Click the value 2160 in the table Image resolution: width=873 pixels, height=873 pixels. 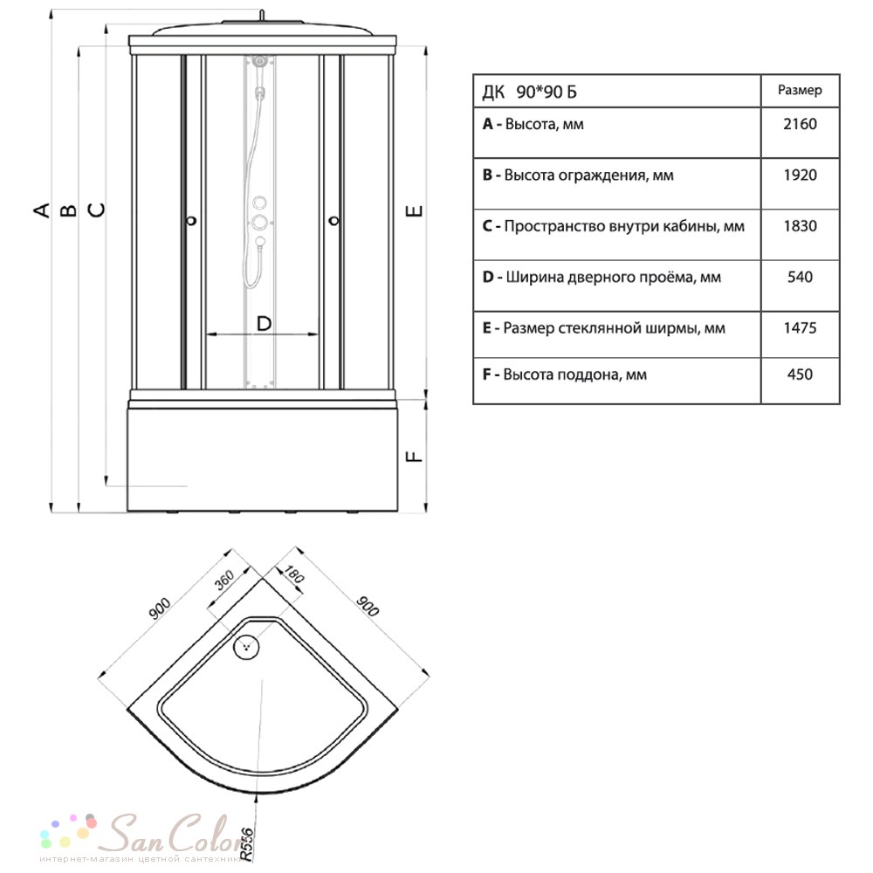click(800, 124)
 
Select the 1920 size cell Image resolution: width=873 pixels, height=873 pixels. click(800, 175)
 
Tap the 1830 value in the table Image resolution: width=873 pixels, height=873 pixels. click(800, 226)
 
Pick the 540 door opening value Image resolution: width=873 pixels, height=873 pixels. click(800, 277)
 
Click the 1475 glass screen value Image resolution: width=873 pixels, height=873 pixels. click(800, 328)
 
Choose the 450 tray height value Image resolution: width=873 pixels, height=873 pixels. click(800, 375)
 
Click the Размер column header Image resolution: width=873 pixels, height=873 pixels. click(800, 90)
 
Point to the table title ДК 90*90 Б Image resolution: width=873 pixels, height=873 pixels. click(529, 92)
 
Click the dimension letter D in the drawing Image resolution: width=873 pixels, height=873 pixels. click(264, 324)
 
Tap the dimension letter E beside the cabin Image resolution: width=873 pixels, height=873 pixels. click(415, 211)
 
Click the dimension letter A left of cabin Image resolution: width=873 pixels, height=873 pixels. click(42, 210)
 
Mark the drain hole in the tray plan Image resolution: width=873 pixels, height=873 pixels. click(246, 646)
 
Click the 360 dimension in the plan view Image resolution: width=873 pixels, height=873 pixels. click(224, 581)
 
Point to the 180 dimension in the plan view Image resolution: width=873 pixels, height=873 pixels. click(294, 574)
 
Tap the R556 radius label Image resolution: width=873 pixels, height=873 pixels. click(246, 844)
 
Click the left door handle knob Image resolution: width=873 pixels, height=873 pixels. click(191, 221)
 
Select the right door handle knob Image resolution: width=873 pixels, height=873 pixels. click(334, 221)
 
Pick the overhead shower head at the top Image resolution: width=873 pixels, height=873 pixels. click(260, 59)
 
